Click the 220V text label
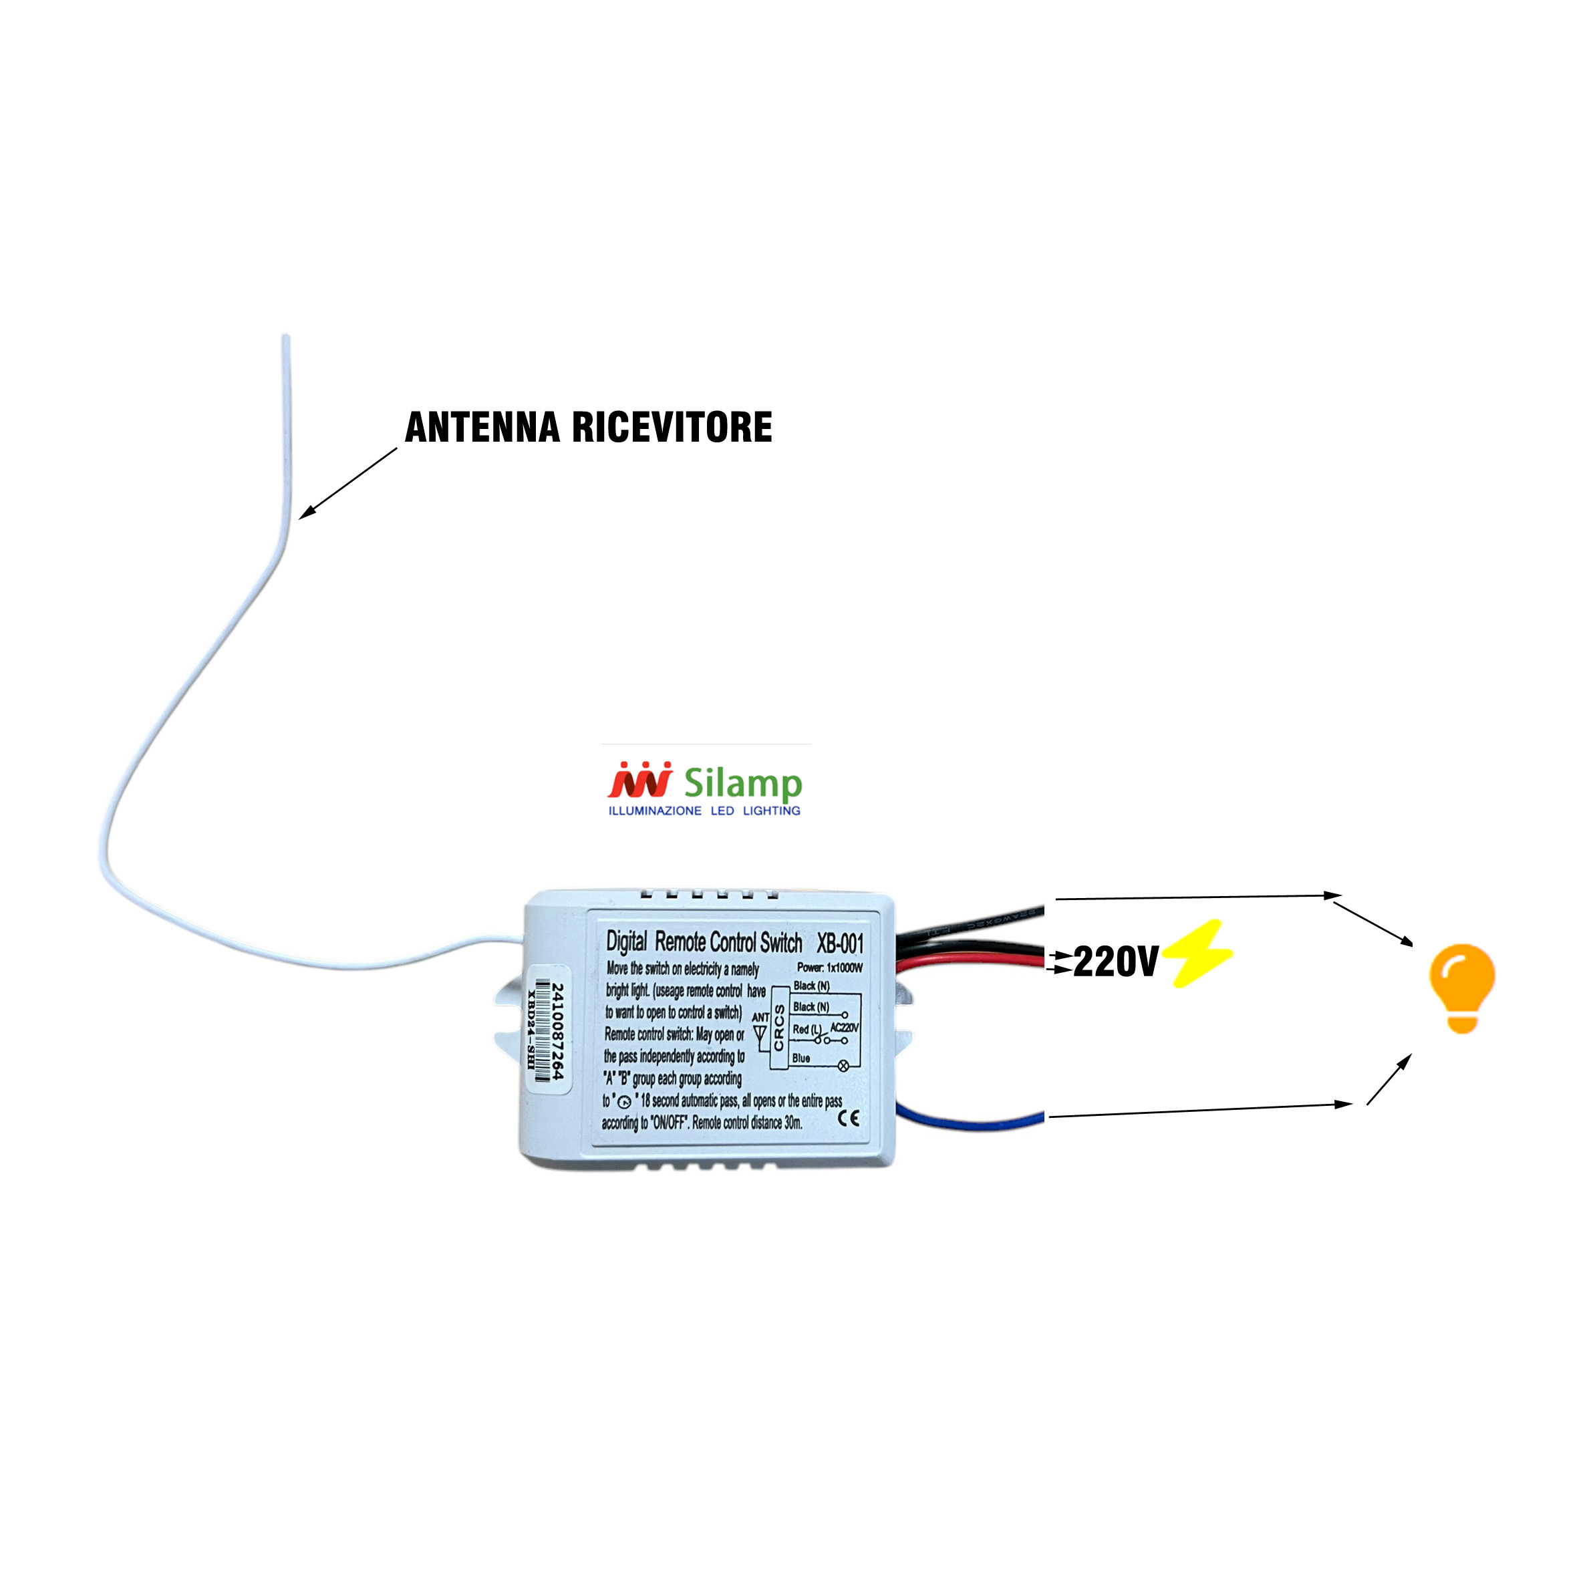click(1115, 961)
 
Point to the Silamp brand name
click(742, 782)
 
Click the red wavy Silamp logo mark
click(640, 780)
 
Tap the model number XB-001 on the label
click(839, 943)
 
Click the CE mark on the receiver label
click(848, 1117)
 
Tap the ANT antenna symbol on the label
click(760, 1030)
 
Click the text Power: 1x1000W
click(829, 968)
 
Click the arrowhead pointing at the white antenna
click(304, 515)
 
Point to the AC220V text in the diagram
click(844, 1028)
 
